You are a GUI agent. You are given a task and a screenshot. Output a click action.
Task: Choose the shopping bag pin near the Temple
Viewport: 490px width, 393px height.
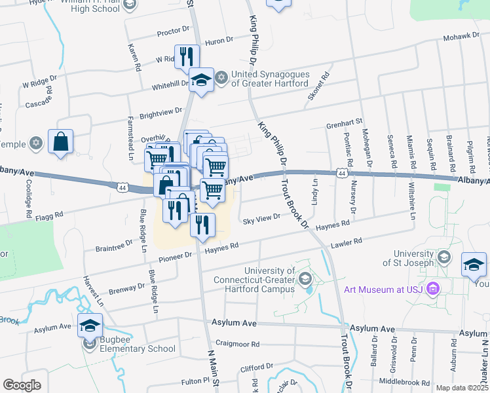point(60,141)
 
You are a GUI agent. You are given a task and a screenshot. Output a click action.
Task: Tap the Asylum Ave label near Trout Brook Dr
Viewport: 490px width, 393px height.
point(373,328)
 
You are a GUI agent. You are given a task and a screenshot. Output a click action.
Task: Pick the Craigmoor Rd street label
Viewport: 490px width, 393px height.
point(238,344)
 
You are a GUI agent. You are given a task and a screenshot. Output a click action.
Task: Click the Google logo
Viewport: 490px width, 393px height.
point(22,385)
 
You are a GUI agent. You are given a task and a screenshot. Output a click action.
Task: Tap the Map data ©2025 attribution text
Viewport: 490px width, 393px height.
point(462,388)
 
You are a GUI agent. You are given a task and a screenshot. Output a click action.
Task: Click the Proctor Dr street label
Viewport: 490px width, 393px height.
point(173,30)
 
